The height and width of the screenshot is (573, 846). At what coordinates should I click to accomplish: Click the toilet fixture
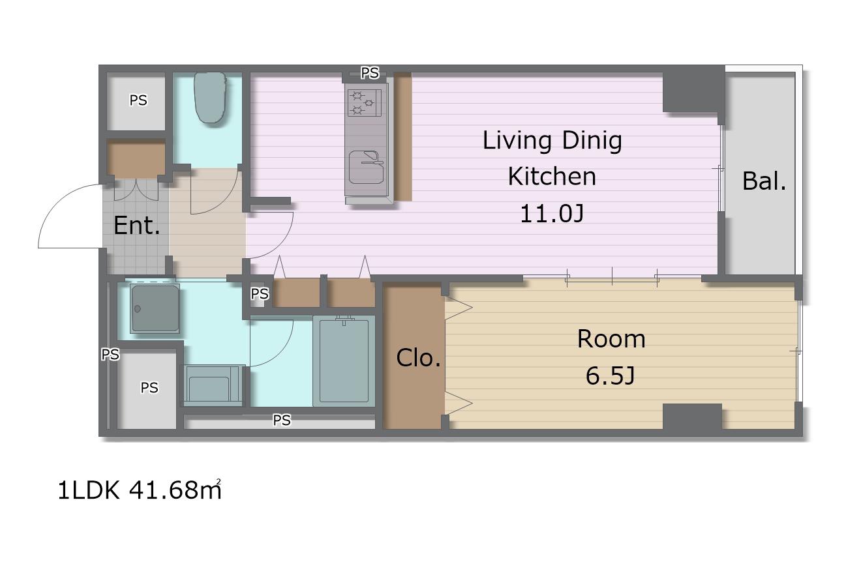click(x=210, y=98)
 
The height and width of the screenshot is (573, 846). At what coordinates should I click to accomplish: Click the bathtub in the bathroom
click(x=344, y=361)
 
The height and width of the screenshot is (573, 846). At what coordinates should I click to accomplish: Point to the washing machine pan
click(x=155, y=309)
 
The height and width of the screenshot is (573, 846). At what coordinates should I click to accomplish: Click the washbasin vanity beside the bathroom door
click(x=212, y=385)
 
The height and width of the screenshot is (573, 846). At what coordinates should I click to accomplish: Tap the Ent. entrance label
click(x=137, y=226)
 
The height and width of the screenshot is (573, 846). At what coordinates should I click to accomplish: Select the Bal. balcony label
click(x=764, y=181)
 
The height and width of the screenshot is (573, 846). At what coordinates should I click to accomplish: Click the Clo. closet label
click(x=419, y=357)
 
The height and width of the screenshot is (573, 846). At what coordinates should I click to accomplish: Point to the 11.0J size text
click(x=552, y=214)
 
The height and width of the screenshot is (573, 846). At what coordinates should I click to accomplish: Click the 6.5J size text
click(x=610, y=375)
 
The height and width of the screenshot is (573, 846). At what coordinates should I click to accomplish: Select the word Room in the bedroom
click(x=611, y=339)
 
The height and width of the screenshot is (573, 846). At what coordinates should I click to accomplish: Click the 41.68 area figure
click(x=164, y=490)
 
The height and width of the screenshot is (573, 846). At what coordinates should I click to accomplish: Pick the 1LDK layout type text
click(x=88, y=490)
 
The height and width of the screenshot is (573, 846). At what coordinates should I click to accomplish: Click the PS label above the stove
click(x=370, y=73)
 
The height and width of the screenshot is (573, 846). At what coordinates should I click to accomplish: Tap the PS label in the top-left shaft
click(x=138, y=100)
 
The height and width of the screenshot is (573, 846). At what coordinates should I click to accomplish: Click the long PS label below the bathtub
click(x=282, y=420)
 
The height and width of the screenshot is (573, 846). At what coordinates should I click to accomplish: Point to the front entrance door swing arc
click(x=57, y=204)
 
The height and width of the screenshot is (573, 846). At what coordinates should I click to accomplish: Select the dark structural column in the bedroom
click(x=692, y=417)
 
